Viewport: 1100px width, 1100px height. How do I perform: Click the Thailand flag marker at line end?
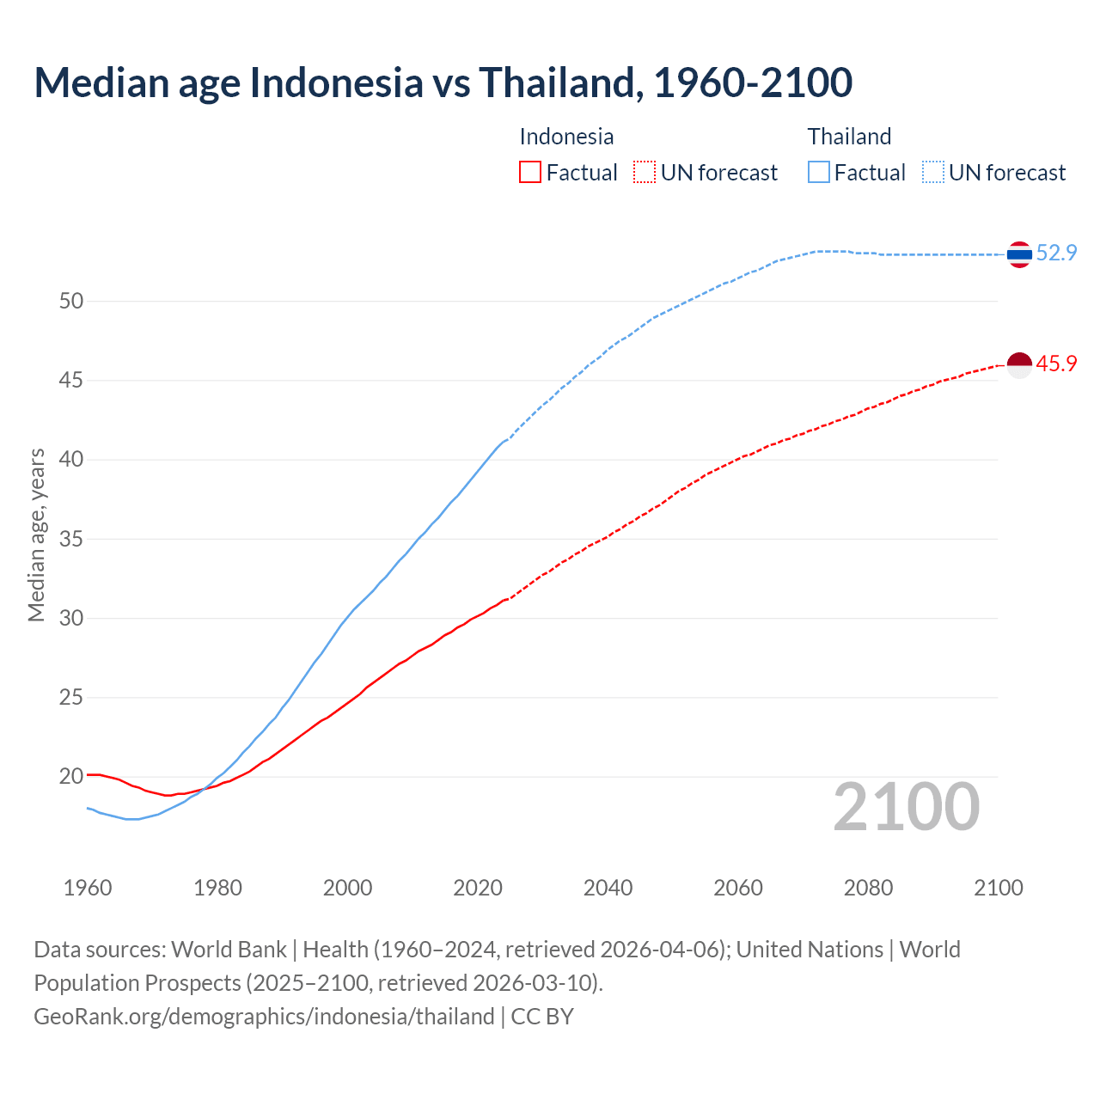click(1019, 254)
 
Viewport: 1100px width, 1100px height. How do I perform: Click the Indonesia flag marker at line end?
click(1019, 365)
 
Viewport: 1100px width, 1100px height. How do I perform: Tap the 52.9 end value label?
click(1056, 253)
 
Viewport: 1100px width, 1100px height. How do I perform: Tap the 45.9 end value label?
click(1056, 364)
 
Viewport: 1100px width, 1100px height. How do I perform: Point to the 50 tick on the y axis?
click(71, 301)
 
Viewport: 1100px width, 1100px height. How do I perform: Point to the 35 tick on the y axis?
click(71, 539)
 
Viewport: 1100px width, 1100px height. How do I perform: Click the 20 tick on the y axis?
click(71, 776)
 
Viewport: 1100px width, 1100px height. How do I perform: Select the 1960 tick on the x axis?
click(88, 888)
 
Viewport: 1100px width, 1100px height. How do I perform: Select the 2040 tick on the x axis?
click(608, 888)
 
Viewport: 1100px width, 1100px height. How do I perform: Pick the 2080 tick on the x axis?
click(868, 888)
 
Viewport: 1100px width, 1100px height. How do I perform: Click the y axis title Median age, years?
click(36, 535)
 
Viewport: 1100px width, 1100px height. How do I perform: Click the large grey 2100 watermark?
click(906, 806)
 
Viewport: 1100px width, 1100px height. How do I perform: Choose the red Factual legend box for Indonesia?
click(530, 173)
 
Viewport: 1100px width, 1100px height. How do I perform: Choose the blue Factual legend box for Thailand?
click(819, 173)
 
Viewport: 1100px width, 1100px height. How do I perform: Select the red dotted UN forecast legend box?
click(645, 173)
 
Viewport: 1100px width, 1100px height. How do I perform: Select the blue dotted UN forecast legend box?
click(933, 173)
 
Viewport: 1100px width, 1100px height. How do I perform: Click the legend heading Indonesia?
click(566, 137)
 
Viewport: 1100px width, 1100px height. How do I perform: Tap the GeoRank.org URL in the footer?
click(264, 1017)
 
